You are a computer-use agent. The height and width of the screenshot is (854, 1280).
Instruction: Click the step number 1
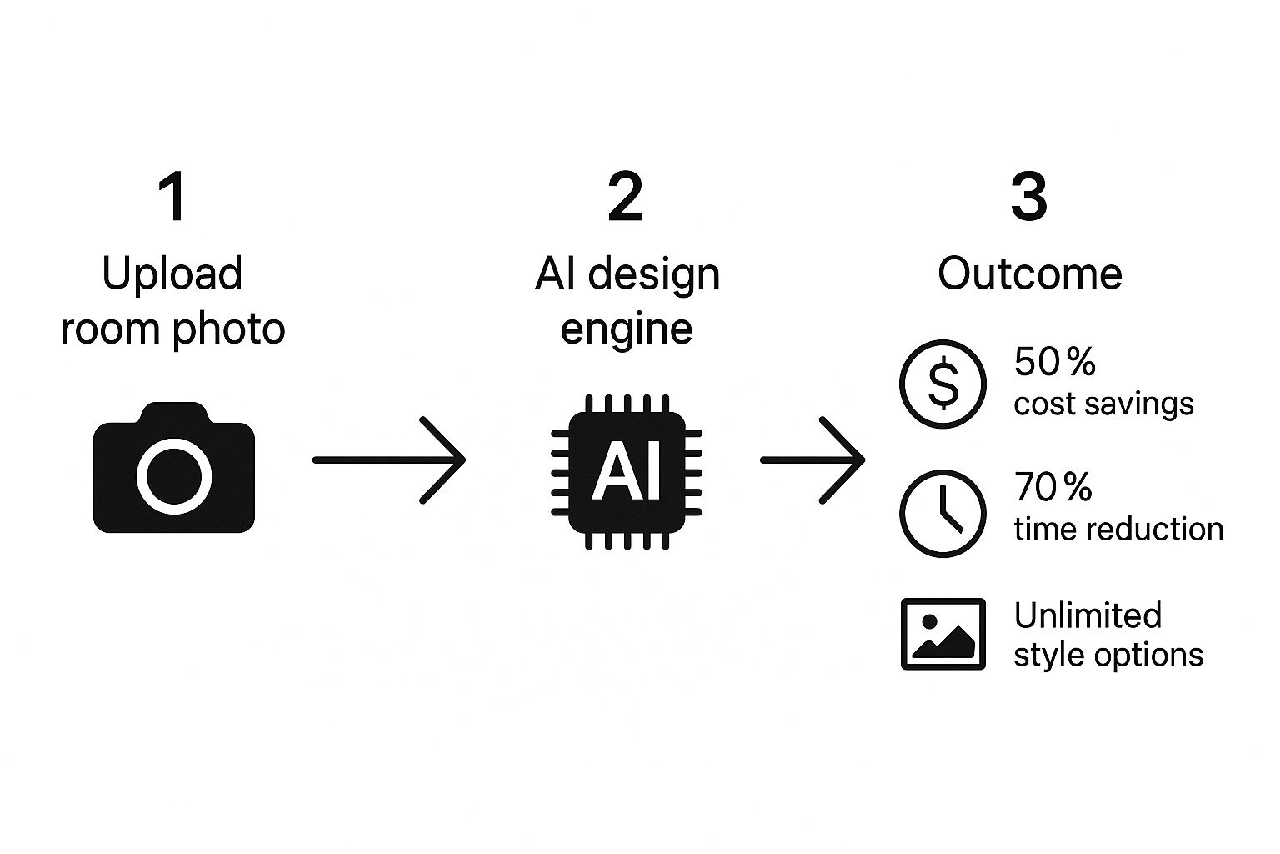coord(172,198)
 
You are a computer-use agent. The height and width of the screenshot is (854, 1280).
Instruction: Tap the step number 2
coord(626,198)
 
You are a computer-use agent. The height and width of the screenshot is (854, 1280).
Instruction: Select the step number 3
coord(1028,198)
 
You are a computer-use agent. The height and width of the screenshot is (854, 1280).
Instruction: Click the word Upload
coord(172,275)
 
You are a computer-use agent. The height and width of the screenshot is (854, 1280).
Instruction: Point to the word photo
coord(228,329)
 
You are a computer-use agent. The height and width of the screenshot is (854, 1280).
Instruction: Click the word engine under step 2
coord(626,329)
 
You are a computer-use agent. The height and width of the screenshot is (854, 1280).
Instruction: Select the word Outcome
coord(1030,274)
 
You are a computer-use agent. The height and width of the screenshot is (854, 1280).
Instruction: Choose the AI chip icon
coord(627,471)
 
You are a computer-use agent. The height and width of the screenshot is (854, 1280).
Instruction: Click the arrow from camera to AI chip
coord(388,460)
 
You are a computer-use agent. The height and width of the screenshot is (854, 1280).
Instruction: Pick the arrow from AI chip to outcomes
coord(812,460)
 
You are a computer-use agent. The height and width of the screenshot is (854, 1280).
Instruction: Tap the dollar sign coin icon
coord(942,384)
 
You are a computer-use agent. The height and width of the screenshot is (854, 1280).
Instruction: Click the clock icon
coord(942,513)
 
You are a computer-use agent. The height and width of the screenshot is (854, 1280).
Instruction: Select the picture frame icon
coord(942,634)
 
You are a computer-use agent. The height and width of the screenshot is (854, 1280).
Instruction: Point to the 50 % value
coord(1054,362)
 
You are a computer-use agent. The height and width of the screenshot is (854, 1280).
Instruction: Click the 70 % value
coord(1052,487)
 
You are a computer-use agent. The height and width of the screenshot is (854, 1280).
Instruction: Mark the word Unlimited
coord(1087,615)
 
